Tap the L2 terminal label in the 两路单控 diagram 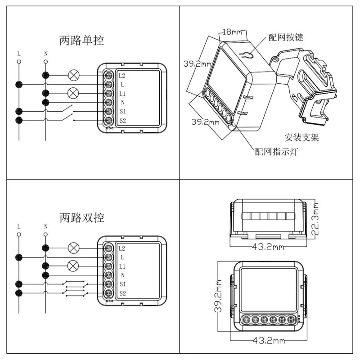click(122, 75)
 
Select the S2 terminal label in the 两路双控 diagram click(122, 293)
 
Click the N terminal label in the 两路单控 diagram click(122, 103)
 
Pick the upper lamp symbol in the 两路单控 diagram click(73, 75)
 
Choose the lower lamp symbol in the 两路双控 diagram click(73, 266)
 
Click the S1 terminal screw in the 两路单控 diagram click(108, 112)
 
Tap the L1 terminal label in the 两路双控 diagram click(122, 266)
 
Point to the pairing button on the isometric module click(247, 56)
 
